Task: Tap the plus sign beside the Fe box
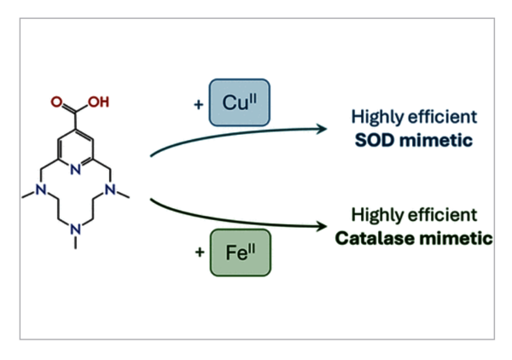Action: tap(201, 253)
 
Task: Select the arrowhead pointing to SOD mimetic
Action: tap(323, 129)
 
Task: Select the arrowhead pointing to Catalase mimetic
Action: tap(323, 226)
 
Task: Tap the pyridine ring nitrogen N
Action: tap(76, 168)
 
